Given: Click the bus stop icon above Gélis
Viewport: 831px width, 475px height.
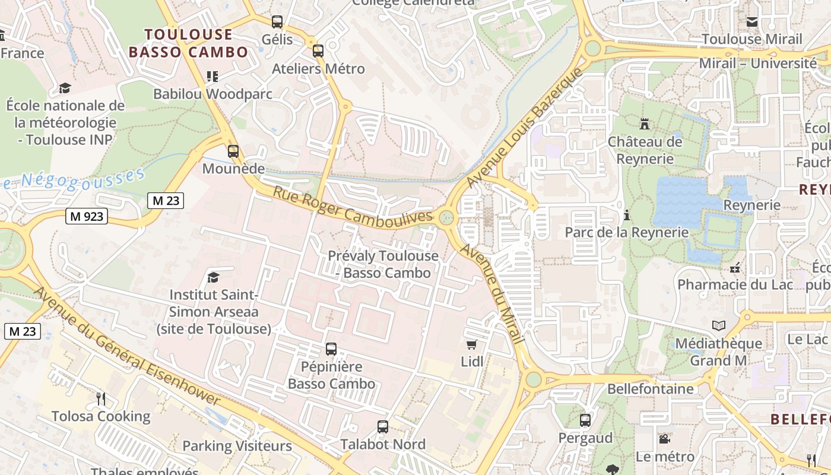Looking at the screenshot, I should (x=277, y=22).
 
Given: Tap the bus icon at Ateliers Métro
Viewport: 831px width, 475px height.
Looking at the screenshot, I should (x=318, y=51).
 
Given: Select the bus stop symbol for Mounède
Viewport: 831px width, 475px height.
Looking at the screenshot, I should (x=233, y=151).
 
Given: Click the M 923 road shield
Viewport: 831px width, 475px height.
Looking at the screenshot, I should (x=87, y=216).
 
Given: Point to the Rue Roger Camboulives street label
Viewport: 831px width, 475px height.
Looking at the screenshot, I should (x=353, y=206).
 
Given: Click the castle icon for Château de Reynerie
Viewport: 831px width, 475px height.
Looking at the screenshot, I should (x=645, y=124).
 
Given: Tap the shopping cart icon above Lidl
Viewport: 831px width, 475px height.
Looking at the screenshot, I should (x=472, y=344).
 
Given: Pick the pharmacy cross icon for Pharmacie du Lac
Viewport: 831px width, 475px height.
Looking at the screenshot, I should (x=735, y=268).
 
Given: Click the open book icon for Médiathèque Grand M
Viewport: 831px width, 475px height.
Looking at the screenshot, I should (x=719, y=325).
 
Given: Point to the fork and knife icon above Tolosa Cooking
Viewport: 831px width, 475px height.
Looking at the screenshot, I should (x=101, y=398).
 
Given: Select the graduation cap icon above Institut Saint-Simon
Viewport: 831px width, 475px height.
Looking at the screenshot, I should (x=213, y=277).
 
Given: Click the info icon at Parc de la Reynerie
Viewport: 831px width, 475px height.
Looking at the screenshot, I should (x=626, y=215).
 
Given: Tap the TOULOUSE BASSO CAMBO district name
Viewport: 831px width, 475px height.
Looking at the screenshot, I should (x=188, y=43).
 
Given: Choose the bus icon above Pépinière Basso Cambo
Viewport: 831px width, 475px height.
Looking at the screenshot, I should (x=331, y=349).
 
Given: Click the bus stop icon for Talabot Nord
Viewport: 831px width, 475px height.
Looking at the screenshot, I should (x=383, y=427).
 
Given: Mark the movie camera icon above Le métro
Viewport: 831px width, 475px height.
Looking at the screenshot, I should (x=665, y=439).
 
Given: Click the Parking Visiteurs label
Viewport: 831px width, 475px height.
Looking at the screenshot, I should (x=237, y=446).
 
